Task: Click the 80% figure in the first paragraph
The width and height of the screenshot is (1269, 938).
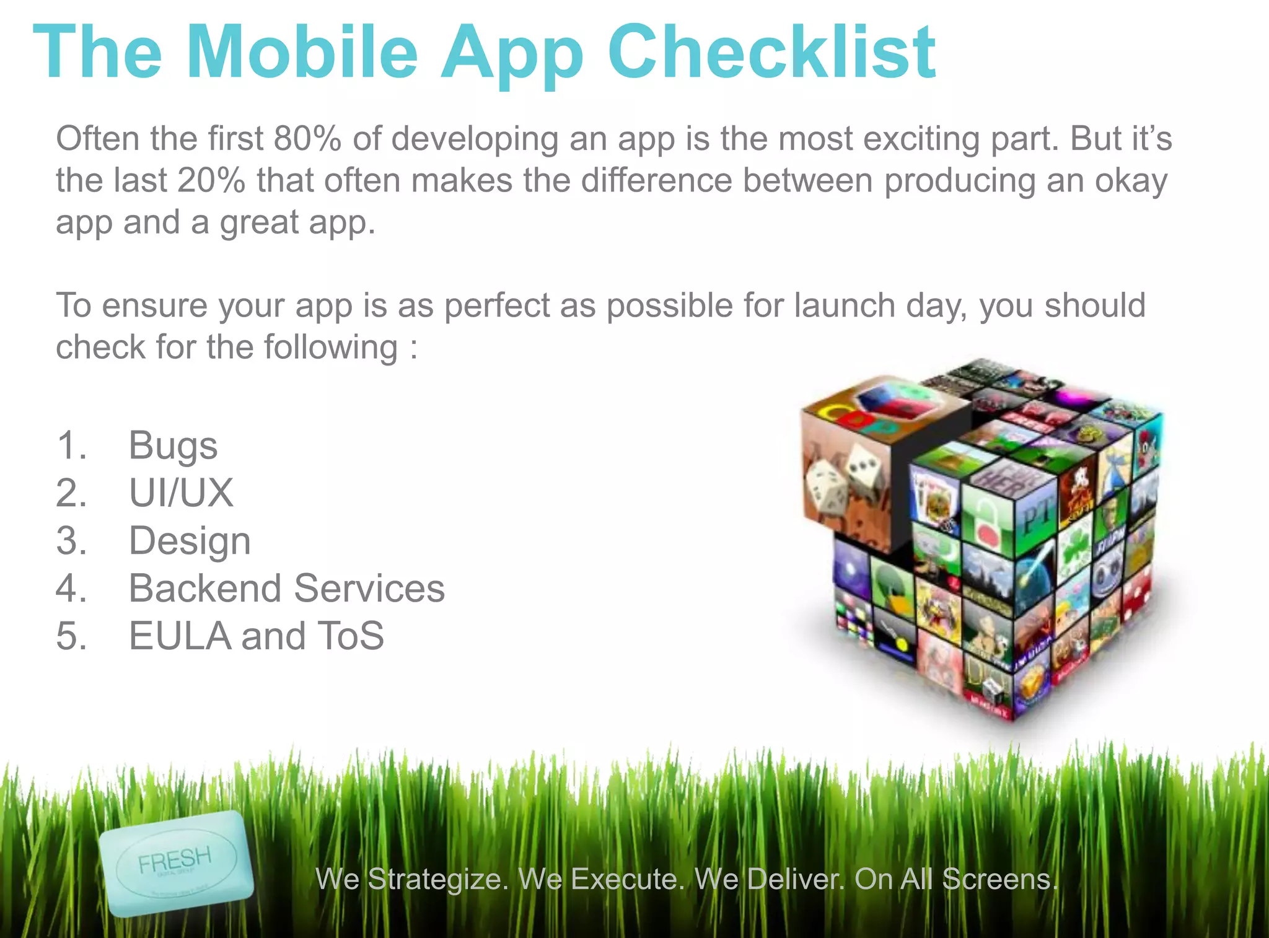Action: point(307,138)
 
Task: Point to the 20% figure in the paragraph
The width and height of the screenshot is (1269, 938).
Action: point(211,180)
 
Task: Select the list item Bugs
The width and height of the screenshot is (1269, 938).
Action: point(173,445)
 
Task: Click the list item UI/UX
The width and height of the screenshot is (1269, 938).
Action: point(181,493)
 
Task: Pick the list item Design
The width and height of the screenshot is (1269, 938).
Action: point(190,540)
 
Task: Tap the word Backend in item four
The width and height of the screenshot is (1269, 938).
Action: point(205,588)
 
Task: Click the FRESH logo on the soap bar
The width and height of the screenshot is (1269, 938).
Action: point(175,861)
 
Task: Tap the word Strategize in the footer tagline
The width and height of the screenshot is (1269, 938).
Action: point(438,879)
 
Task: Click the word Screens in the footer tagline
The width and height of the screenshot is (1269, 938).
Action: point(999,879)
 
